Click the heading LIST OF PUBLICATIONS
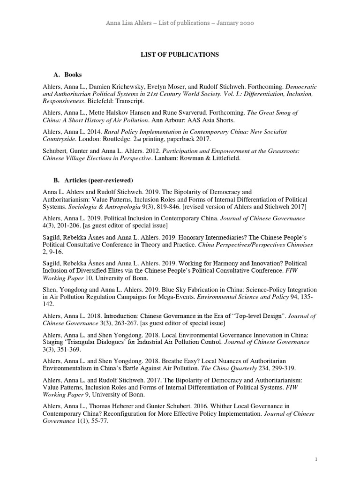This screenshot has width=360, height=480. pos(180,55)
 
